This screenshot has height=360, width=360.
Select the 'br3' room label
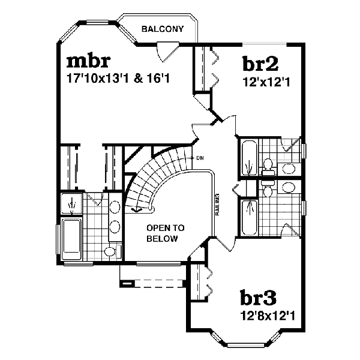[x=259, y=298]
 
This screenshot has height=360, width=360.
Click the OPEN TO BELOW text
[x=165, y=233]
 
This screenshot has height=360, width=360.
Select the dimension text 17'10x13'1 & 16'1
[x=116, y=78]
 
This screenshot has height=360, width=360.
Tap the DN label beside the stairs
[x=199, y=158]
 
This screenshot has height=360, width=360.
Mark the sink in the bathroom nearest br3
[x=289, y=187]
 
